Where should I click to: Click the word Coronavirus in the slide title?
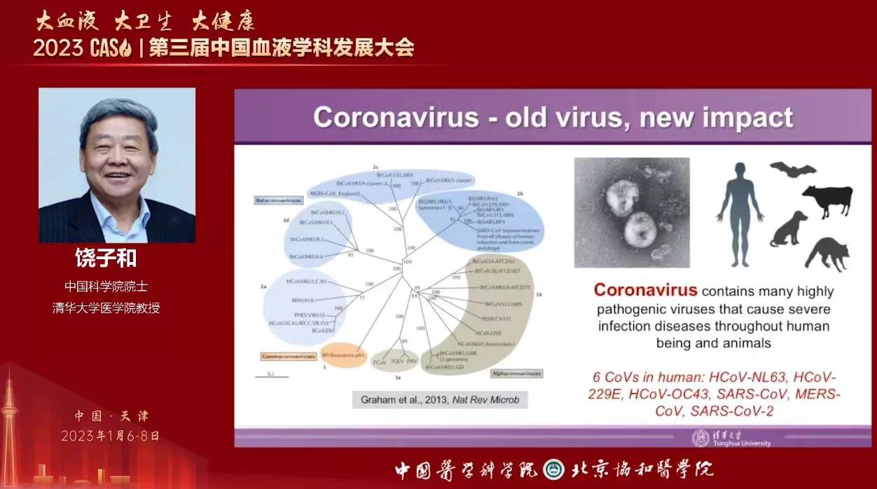(x=396, y=117)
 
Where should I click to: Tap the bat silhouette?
(x=792, y=170)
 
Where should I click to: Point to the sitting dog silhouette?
(x=789, y=229)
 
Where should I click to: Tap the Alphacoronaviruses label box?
(x=516, y=373)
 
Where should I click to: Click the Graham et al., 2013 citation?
(x=439, y=400)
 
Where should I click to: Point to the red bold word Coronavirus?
(x=645, y=290)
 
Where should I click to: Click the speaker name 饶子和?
(x=105, y=259)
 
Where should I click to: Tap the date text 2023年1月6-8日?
(x=110, y=436)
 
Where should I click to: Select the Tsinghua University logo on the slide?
(x=700, y=438)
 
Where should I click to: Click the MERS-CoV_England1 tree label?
(x=334, y=193)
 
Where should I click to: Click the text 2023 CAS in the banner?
(x=77, y=48)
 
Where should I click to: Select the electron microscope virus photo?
(x=632, y=212)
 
